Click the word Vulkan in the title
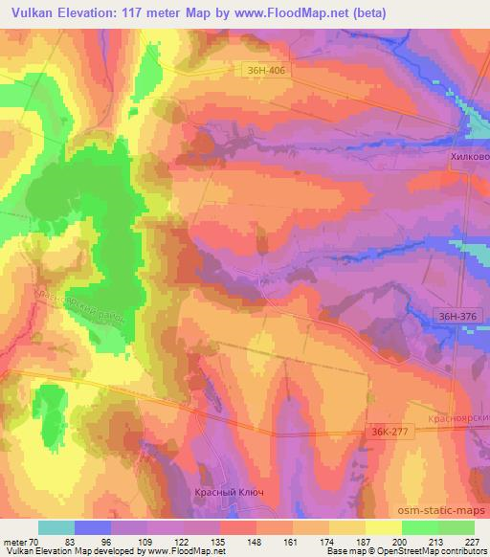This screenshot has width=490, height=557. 30,11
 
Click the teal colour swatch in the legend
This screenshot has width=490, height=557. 56,527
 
